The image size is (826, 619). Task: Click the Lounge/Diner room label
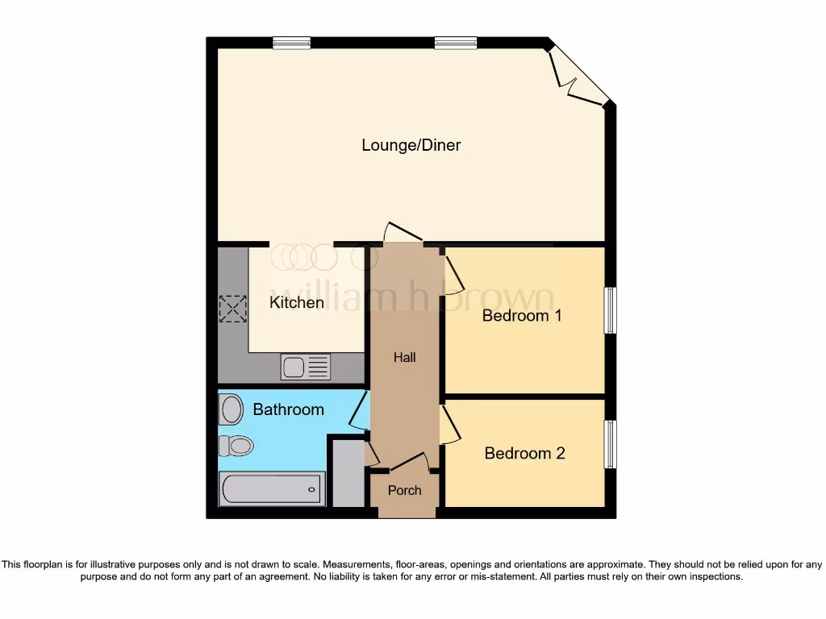(x=411, y=145)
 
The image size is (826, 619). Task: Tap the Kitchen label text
(x=297, y=302)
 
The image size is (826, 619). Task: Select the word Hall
(x=405, y=357)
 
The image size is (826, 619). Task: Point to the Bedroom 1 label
(x=521, y=315)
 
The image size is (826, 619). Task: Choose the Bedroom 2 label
(x=524, y=453)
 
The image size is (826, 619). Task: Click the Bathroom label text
(x=288, y=409)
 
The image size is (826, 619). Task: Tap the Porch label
(x=404, y=490)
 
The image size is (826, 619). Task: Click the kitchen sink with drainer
(x=306, y=367)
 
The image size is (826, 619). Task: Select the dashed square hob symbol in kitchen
(x=232, y=309)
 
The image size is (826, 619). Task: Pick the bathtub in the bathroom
(x=272, y=488)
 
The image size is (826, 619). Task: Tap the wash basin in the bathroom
(x=231, y=409)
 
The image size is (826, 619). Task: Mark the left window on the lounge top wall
(x=292, y=44)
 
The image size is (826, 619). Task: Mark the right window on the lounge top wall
(x=455, y=44)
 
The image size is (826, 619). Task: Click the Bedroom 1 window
(x=611, y=310)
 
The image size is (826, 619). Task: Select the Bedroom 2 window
(x=611, y=444)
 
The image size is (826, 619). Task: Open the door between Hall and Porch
(x=409, y=463)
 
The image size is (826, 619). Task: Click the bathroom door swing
(x=358, y=409)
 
